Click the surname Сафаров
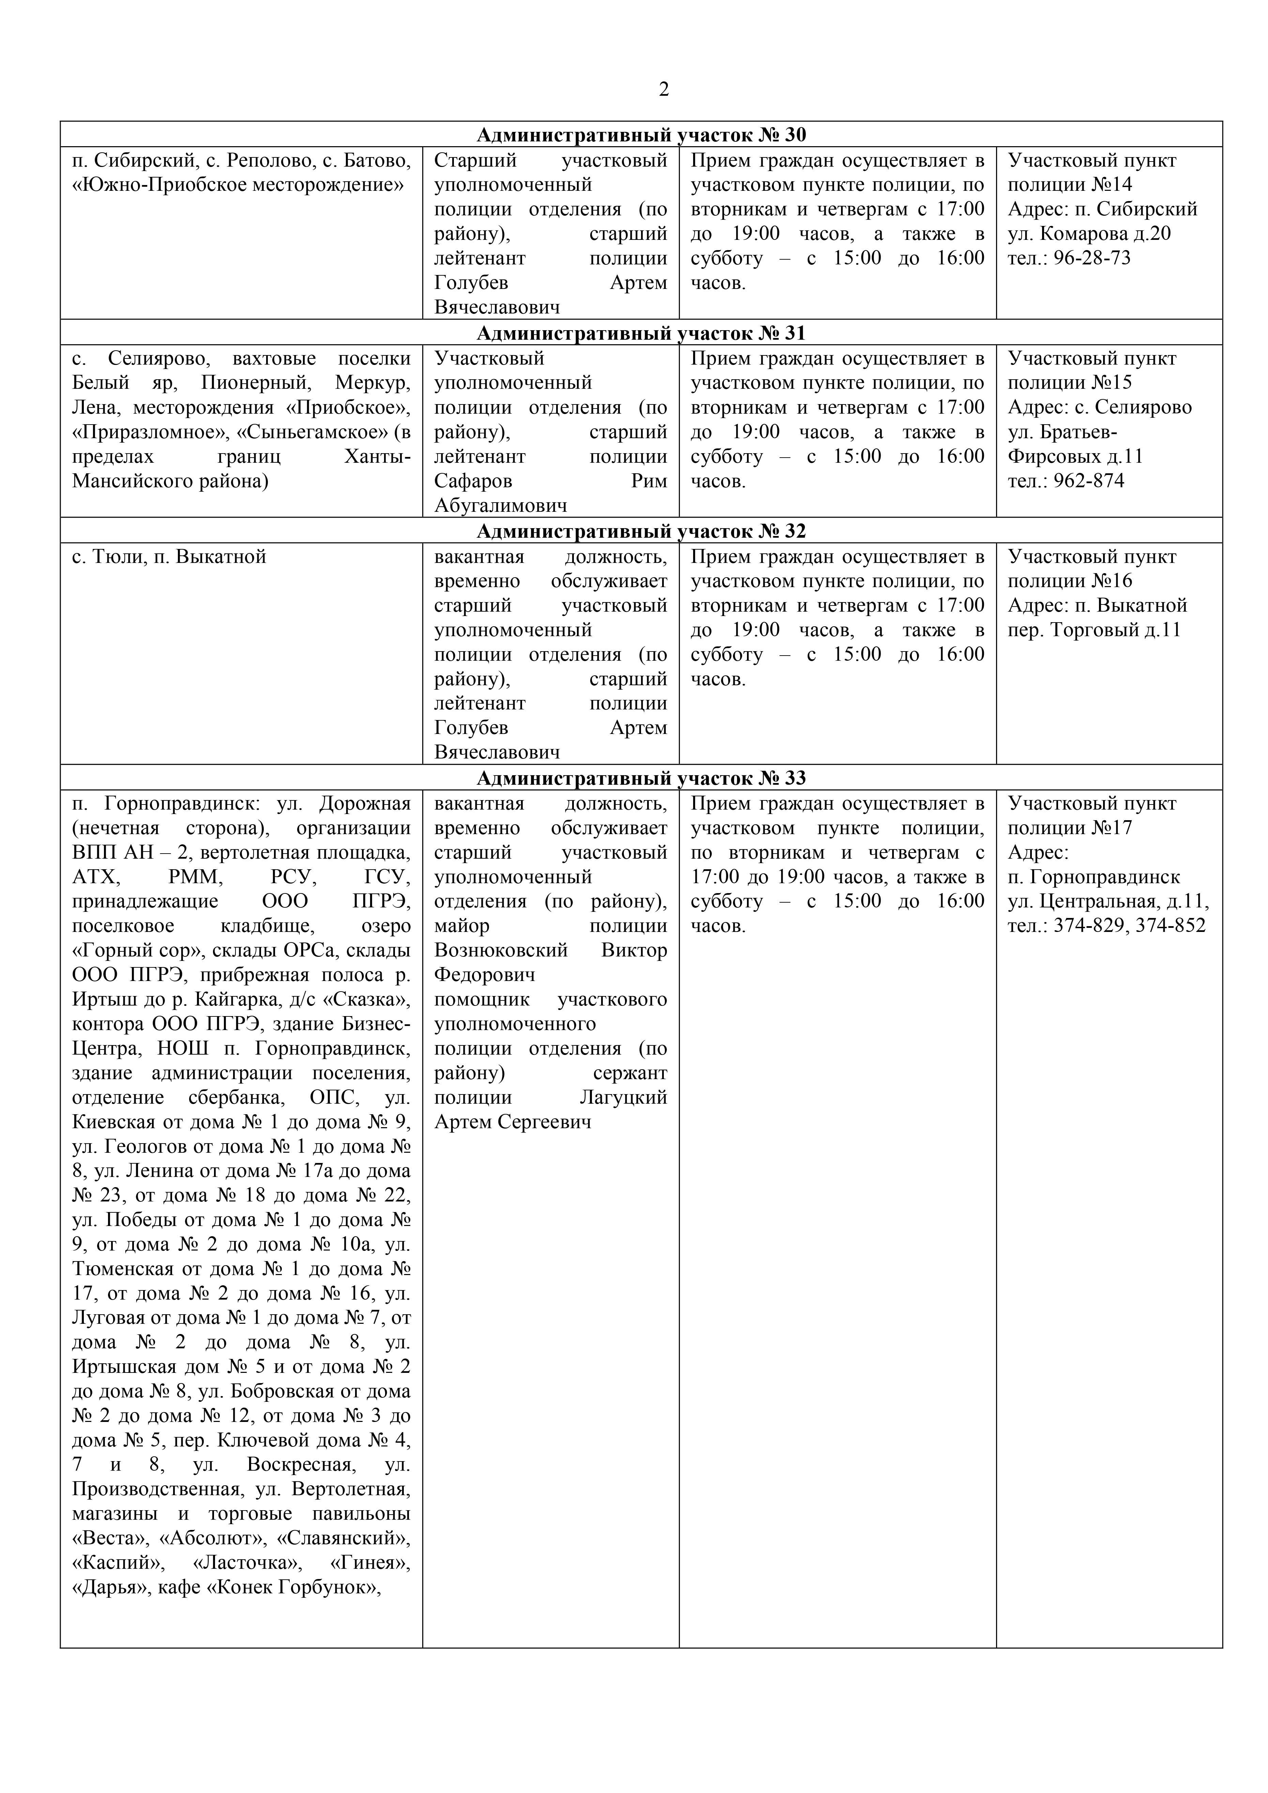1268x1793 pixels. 473,481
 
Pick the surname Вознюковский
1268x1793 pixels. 501,951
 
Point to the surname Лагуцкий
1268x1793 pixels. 623,1098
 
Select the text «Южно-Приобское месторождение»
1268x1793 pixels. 238,185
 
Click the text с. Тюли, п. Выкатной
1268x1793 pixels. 169,557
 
